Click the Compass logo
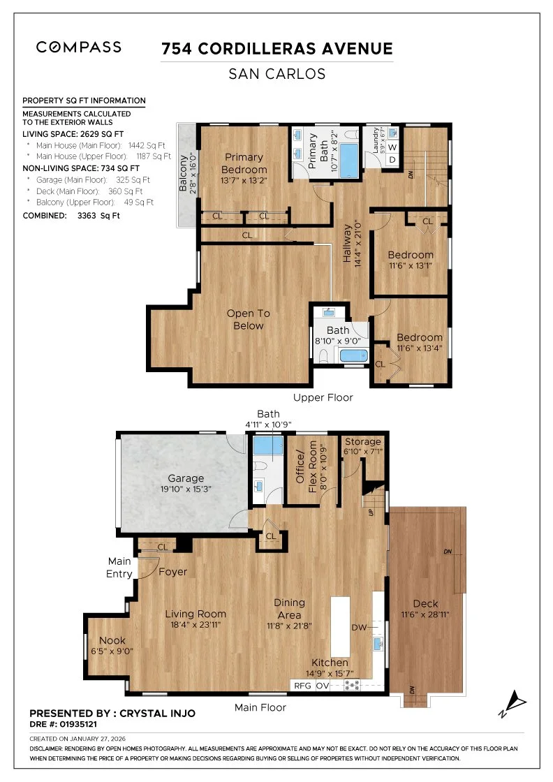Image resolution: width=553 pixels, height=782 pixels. point(79,47)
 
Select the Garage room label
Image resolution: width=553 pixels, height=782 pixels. point(186,478)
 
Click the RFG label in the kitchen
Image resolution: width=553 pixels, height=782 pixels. point(302,686)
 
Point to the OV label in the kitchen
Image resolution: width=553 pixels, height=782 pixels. point(323,686)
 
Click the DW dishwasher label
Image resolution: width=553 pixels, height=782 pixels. point(359,628)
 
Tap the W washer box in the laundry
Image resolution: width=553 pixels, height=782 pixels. point(392,147)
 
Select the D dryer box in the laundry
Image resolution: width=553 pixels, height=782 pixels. point(392,160)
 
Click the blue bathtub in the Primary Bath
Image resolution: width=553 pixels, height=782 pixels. point(348,160)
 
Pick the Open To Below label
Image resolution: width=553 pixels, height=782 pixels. point(249,319)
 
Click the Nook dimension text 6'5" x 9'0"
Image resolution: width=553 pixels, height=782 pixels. point(112,651)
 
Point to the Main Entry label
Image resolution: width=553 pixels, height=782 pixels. point(119,568)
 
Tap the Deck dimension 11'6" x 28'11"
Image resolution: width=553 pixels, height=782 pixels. point(425,614)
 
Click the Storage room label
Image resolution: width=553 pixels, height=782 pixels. point(362,441)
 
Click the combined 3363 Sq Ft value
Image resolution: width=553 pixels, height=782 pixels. point(98,216)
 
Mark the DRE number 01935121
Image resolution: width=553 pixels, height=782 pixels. point(78,724)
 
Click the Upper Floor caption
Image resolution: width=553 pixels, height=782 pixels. point(323,397)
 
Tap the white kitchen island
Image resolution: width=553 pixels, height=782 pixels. point(341,626)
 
